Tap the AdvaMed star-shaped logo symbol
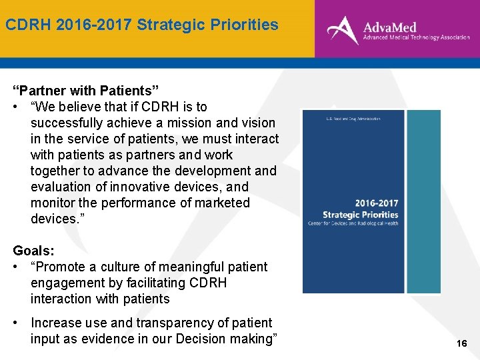pyautogui.click(x=342, y=29)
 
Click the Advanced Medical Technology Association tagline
pyautogui.click(x=416, y=38)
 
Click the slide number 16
pyautogui.click(x=461, y=343)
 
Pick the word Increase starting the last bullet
pyautogui.click(x=55, y=323)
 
